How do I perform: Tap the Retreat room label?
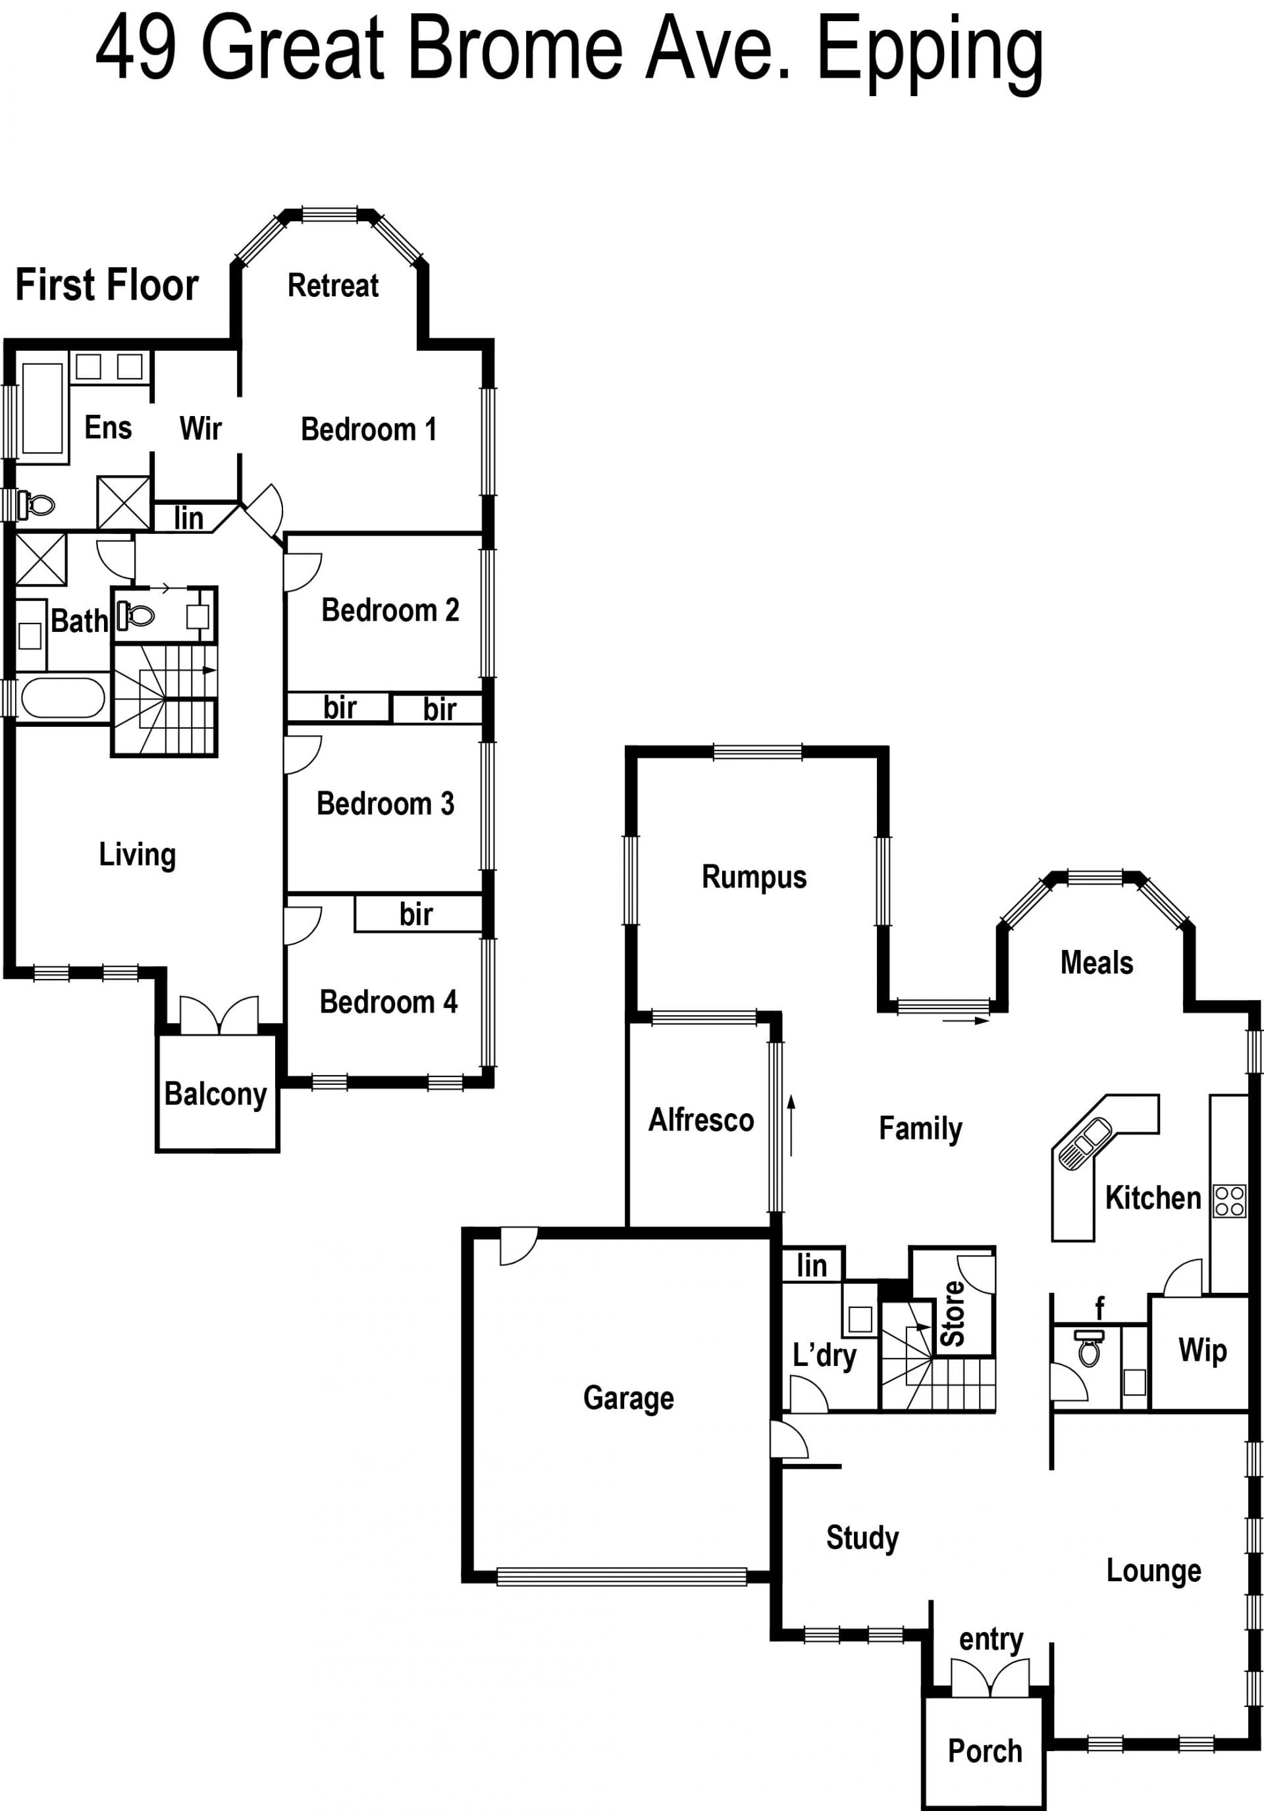point(333,285)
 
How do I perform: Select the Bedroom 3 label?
point(385,803)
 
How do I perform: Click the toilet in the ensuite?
point(36,504)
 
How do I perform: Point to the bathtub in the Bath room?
point(63,698)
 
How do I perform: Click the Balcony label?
point(215,1094)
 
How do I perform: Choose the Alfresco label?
point(700,1119)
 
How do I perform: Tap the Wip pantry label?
point(1203,1350)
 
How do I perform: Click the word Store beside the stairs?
point(953,1313)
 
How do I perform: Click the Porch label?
point(985,1750)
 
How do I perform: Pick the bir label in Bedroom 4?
point(416,914)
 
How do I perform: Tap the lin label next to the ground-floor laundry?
point(811,1265)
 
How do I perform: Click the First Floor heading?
point(107,285)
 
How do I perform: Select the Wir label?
point(200,429)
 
